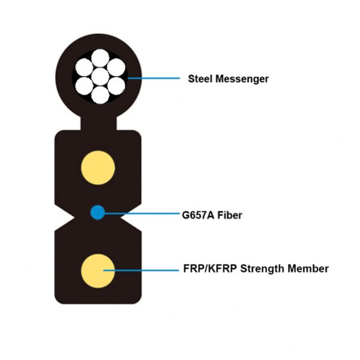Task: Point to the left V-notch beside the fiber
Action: click(x=60, y=212)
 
